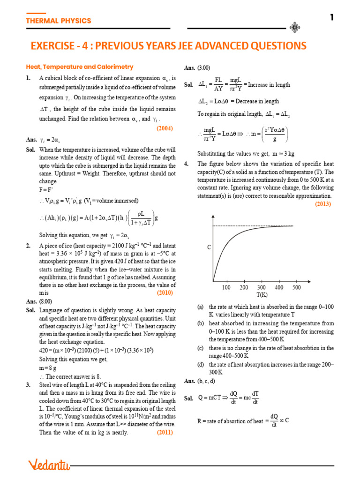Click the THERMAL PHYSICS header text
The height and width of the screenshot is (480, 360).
pos(58,21)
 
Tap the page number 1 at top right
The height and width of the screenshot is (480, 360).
pos(332,18)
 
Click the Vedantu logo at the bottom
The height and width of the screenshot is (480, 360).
pos(49,465)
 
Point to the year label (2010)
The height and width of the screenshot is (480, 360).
pos(165,292)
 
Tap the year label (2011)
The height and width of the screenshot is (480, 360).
pos(165,432)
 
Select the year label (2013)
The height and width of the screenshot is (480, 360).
pos(322,204)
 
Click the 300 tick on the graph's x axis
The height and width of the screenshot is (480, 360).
pos(262,287)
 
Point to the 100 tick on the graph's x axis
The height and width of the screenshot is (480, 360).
pos(226,287)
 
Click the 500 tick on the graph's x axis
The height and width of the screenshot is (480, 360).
pos(296,287)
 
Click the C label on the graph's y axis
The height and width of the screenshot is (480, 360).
pos(209,247)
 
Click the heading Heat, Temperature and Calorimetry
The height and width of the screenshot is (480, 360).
pos(79,67)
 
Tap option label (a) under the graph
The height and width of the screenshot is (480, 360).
pos(200,307)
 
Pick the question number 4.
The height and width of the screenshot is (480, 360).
pos(187,164)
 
